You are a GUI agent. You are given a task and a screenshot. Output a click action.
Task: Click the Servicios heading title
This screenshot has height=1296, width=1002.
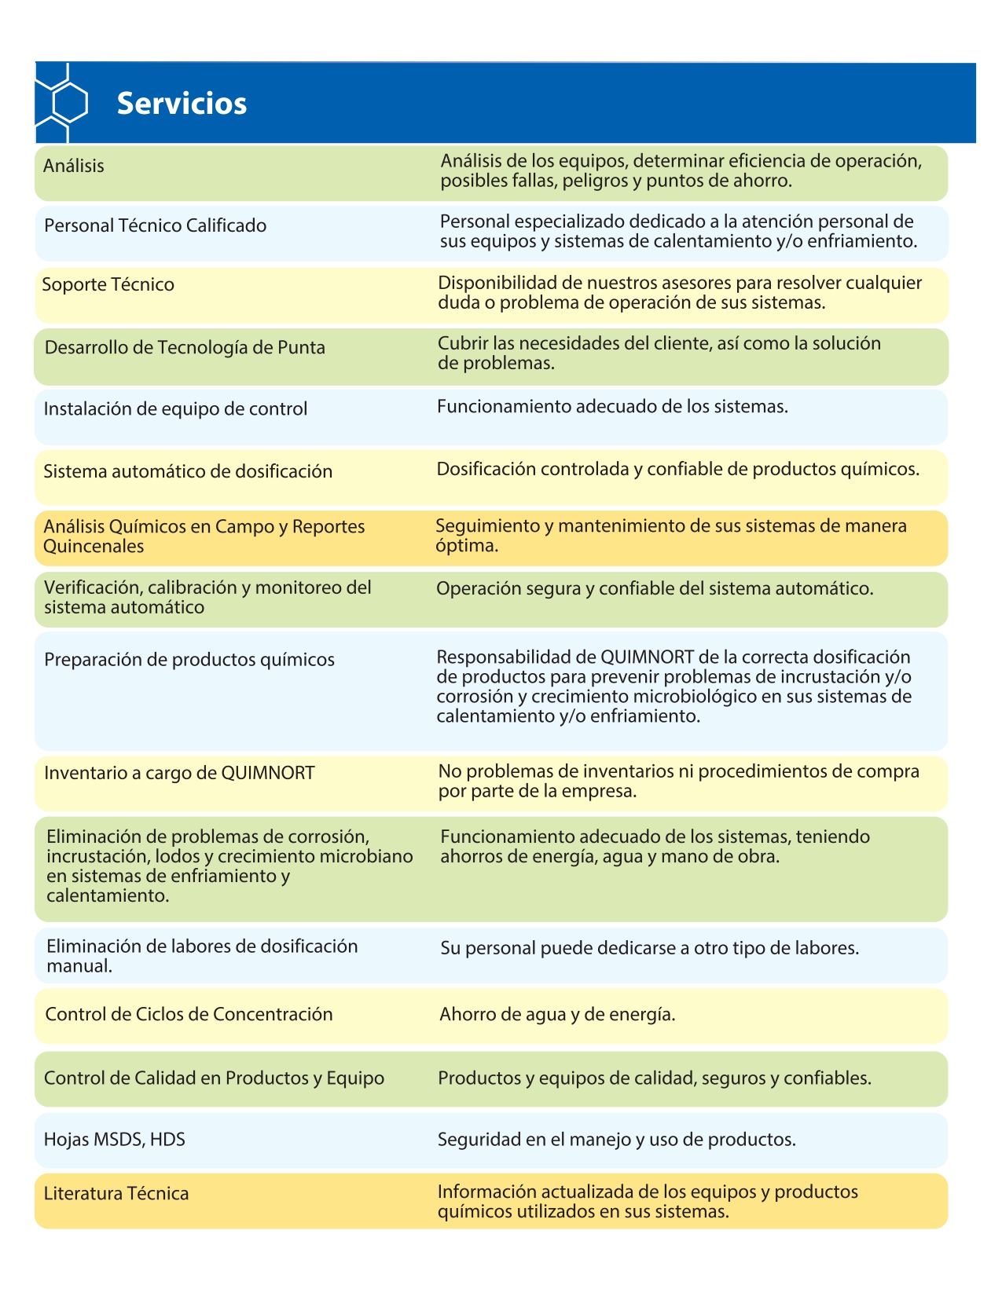[x=182, y=103]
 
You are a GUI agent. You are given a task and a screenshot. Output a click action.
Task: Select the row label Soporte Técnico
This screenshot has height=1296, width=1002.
[x=108, y=284]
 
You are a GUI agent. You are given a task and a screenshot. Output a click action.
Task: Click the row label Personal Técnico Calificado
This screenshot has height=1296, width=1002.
[x=155, y=225]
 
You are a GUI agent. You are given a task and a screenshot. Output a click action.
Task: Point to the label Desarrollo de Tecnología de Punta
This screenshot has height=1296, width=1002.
[x=185, y=347]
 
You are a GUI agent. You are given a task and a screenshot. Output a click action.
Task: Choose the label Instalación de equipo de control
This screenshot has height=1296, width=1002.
[x=175, y=408]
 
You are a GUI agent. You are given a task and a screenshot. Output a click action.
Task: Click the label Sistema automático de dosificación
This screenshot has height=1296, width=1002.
[x=188, y=471]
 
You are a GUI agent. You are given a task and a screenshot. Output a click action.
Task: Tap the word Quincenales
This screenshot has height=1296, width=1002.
[x=94, y=546]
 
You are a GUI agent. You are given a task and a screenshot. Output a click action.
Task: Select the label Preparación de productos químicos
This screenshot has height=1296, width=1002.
[x=189, y=659]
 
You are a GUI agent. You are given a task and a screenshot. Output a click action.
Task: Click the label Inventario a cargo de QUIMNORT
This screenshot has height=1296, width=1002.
[x=179, y=773]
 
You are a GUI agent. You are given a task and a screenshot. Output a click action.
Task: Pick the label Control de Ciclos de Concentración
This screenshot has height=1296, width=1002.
[x=189, y=1014]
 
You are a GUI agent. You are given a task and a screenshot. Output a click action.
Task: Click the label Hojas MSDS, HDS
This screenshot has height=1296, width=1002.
[x=115, y=1139]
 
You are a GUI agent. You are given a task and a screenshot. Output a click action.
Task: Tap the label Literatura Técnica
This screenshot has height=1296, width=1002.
[x=116, y=1193]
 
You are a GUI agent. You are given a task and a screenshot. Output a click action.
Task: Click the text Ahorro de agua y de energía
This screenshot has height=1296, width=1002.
[x=557, y=1014]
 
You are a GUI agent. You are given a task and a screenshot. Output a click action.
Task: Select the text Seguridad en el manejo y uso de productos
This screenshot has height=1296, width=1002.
[x=617, y=1139]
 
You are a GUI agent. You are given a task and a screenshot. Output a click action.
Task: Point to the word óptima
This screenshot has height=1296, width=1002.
[x=467, y=545]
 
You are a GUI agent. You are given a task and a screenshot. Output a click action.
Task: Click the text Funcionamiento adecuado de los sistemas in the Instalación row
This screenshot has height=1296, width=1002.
[x=612, y=406]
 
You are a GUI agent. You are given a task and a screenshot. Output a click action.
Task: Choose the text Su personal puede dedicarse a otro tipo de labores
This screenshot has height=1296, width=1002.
[x=649, y=948]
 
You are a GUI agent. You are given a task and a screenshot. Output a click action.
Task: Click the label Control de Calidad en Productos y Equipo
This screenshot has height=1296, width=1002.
[x=214, y=1078]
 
